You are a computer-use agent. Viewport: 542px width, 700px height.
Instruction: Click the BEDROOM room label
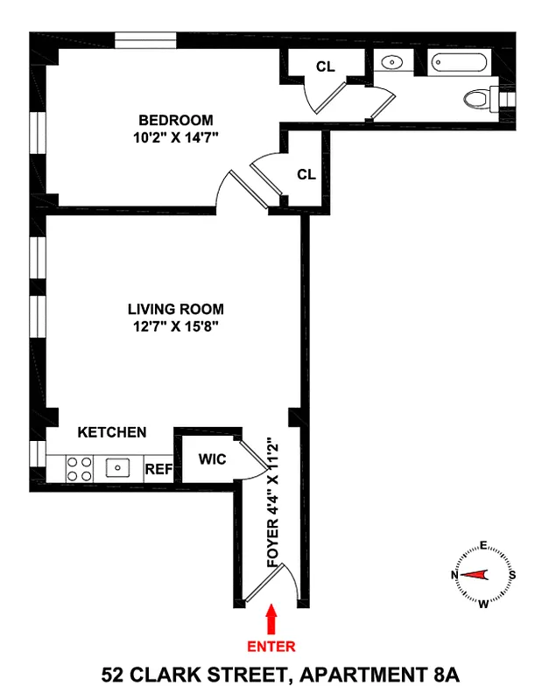tap(175, 120)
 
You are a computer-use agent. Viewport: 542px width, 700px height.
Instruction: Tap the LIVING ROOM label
tap(175, 309)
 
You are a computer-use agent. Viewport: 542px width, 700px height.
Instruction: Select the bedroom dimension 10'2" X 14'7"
tap(175, 136)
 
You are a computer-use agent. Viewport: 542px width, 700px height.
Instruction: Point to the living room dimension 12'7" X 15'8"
tap(175, 326)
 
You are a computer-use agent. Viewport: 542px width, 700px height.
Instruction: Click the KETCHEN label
tap(112, 432)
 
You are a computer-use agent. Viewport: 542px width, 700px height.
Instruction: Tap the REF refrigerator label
tap(158, 469)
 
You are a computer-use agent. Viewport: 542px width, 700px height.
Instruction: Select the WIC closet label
tap(212, 459)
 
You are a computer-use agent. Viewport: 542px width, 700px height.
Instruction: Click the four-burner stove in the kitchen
tap(80, 469)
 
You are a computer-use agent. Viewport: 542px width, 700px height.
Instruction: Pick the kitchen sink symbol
tap(119, 468)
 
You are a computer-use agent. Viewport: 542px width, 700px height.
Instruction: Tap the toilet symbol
tap(478, 99)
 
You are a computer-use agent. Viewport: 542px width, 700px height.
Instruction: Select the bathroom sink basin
tap(391, 63)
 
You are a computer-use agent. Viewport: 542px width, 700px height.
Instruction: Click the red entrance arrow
tap(272, 619)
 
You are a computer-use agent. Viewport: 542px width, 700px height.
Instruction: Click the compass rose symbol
tap(482, 575)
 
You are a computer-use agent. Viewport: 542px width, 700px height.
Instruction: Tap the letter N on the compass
tap(454, 575)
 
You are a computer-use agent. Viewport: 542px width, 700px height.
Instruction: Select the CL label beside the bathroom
tap(324, 66)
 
